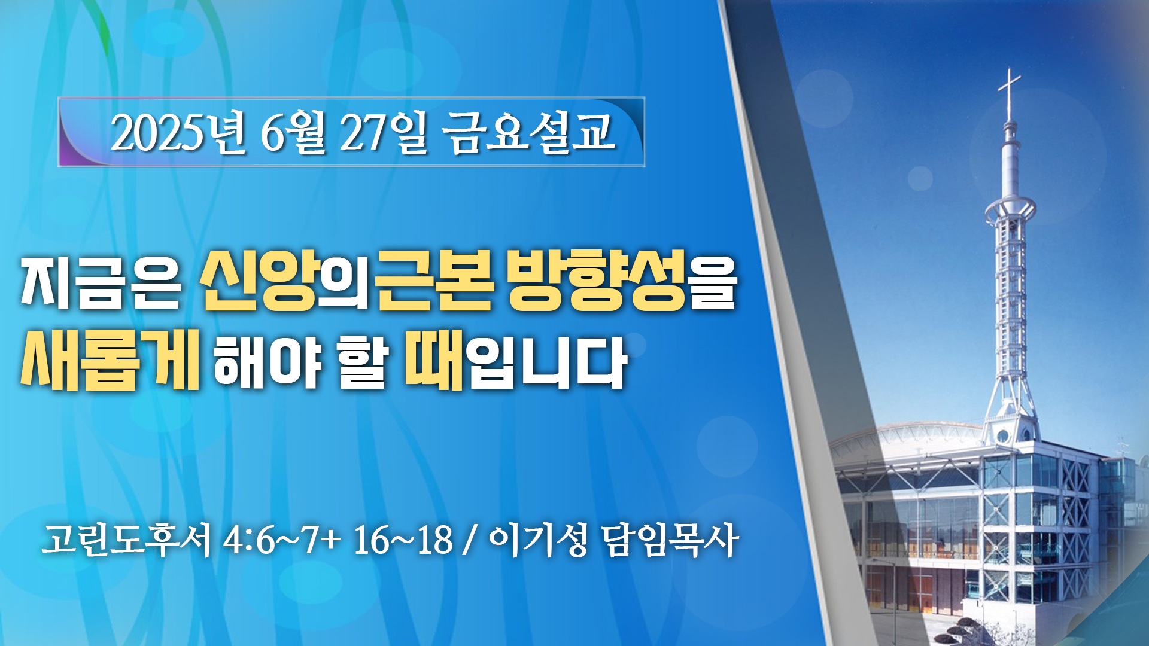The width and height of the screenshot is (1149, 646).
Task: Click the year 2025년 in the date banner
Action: point(178,132)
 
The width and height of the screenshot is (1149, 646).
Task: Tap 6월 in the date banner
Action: point(293,132)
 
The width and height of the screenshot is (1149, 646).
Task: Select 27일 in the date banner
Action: point(384,132)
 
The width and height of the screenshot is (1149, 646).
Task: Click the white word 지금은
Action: point(101,284)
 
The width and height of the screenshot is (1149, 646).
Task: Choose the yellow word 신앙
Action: point(259,281)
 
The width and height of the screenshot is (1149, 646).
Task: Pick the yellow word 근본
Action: point(435,281)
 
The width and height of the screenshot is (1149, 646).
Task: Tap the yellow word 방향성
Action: point(597,281)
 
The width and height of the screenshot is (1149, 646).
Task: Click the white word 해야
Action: point(268,361)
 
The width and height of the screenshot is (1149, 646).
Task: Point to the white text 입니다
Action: point(547,362)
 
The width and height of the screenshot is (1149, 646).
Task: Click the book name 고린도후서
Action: point(126,540)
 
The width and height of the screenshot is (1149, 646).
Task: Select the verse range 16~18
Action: point(403,541)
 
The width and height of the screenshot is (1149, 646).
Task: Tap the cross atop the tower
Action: point(1010,93)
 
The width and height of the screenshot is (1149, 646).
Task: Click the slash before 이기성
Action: point(470,541)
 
